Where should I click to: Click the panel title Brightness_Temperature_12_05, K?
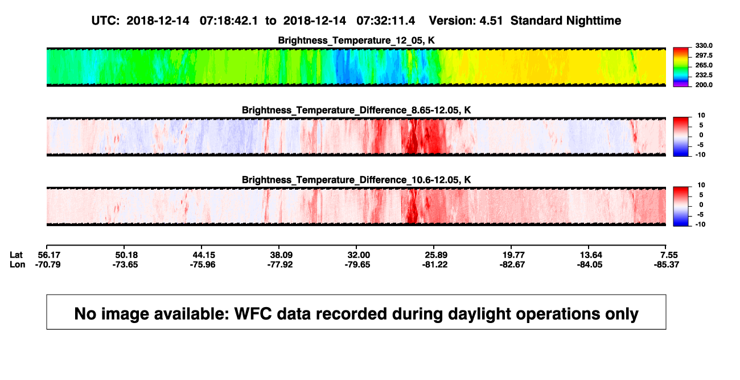coord(356,40)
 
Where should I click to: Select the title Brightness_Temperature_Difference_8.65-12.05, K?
coord(356,110)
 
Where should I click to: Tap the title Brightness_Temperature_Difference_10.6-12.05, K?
coord(356,180)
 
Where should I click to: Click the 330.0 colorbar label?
coord(704,46)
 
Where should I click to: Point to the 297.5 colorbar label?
coord(704,56)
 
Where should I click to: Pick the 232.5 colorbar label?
coord(704,75)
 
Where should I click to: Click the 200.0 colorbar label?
coord(704,85)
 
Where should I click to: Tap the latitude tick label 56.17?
coord(49,255)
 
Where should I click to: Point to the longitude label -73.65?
coord(125,264)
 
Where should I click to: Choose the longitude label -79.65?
coord(357,264)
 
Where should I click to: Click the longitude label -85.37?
coord(667,264)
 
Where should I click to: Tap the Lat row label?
coord(16,255)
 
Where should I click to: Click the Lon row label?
coord(17,264)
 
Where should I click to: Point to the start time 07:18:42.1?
coord(229,21)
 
